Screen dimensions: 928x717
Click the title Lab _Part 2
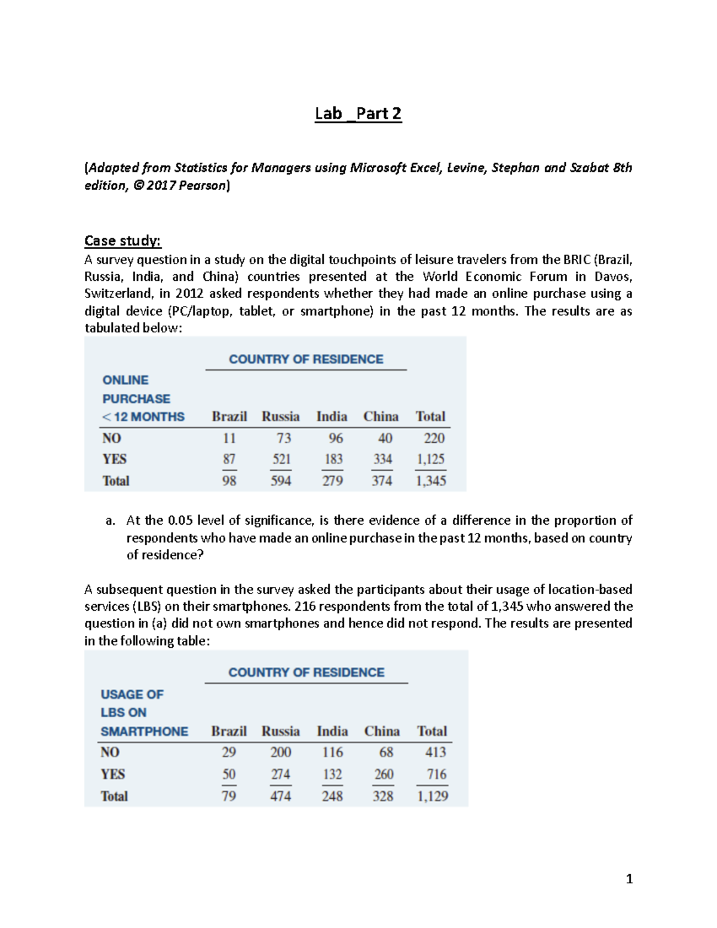click(358, 114)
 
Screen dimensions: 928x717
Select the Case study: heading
click(122, 241)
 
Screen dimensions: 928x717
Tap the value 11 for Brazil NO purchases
click(229, 439)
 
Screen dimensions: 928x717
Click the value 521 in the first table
click(281, 460)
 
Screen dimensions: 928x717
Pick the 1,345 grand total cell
click(431, 481)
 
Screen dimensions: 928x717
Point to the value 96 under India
click(335, 439)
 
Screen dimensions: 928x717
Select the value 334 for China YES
click(382, 460)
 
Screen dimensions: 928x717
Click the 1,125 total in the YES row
click(431, 460)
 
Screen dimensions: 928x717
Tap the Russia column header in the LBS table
click(280, 731)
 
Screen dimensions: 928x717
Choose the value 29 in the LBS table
click(228, 752)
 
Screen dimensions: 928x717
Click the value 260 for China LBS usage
click(384, 774)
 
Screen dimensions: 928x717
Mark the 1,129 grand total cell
click(433, 797)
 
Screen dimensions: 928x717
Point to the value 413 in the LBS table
click(436, 752)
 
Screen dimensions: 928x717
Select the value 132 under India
click(332, 774)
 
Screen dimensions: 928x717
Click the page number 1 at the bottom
click(629, 879)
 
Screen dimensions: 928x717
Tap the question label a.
click(110, 521)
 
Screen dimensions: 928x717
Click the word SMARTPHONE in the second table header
click(144, 731)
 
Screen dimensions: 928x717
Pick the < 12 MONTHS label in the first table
click(143, 417)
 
